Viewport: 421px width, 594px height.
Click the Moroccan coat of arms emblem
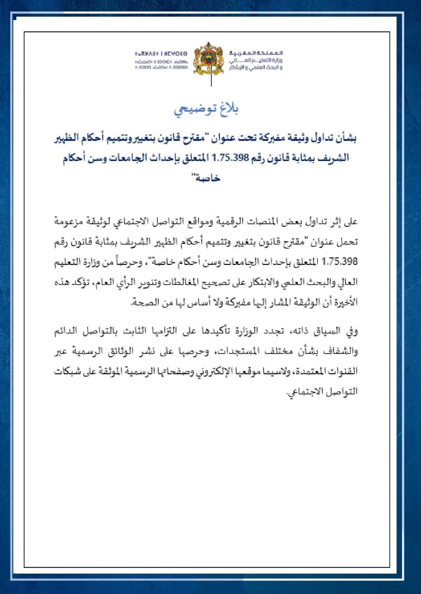pos(210,58)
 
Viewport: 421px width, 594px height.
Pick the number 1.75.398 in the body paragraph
pos(340,261)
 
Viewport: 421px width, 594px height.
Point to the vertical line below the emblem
pos(211,79)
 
